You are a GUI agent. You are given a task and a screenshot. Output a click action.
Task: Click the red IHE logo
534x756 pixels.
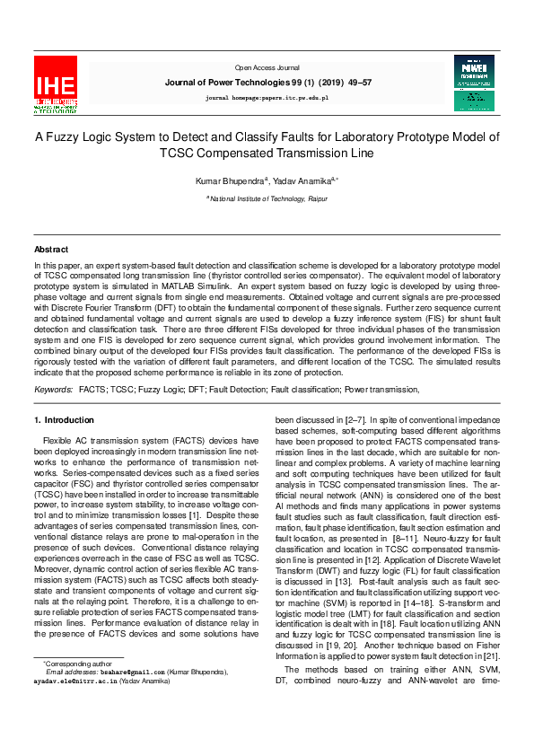(x=56, y=84)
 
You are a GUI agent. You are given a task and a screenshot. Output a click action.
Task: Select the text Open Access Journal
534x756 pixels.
(x=267, y=67)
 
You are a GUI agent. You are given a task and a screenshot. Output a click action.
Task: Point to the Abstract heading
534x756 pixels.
(x=51, y=249)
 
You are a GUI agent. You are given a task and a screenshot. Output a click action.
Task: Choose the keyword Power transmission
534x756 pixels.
(x=382, y=390)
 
